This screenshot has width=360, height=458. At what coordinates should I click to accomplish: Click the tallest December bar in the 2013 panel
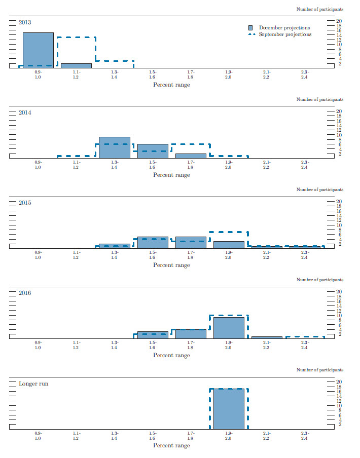(38, 50)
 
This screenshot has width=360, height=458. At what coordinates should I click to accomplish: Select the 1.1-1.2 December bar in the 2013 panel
(76, 65)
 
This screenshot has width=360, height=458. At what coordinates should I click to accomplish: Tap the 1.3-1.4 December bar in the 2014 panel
(114, 147)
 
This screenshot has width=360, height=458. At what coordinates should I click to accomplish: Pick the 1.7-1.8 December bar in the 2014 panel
(191, 156)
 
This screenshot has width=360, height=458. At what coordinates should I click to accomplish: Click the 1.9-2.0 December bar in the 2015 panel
(229, 245)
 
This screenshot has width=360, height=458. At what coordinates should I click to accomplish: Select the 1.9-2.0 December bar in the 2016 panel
(229, 327)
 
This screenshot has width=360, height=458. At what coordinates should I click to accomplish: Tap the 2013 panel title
(25, 22)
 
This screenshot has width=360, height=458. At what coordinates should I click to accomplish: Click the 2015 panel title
(25, 203)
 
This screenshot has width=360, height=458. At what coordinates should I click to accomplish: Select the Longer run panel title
(33, 384)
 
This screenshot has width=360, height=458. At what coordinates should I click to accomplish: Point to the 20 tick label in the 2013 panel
(340, 21)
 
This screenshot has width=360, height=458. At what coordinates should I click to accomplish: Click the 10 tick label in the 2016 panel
(340, 316)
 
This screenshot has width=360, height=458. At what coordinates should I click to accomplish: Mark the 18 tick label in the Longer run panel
(340, 387)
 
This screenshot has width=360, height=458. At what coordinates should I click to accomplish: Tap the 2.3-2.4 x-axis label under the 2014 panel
(304, 164)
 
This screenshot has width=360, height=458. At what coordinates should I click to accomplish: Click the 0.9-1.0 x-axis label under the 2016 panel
(38, 345)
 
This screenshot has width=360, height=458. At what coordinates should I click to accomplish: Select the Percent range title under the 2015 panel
(171, 265)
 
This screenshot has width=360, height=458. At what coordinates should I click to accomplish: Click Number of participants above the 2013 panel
(319, 9)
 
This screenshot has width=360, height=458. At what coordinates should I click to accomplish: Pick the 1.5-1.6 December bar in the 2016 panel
(153, 334)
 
